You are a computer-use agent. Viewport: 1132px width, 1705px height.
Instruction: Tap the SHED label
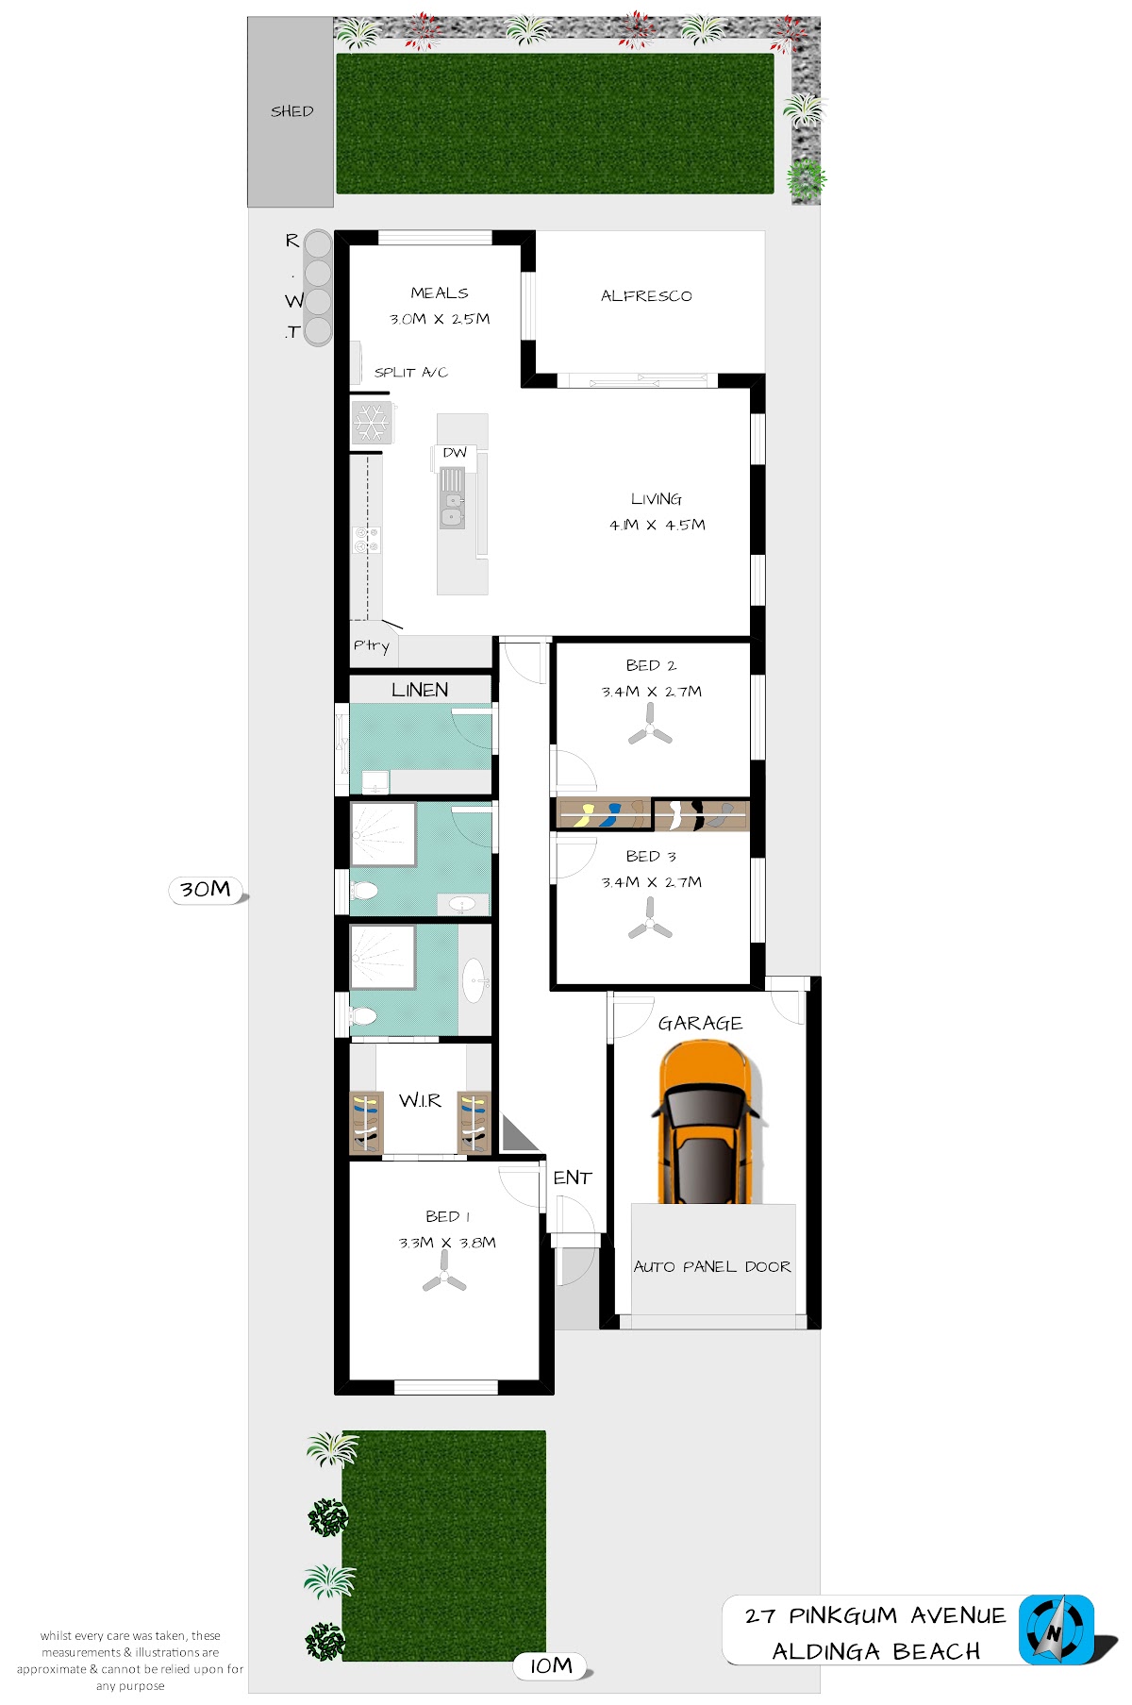[x=291, y=111]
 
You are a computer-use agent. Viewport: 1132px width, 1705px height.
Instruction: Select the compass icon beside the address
[x=1056, y=1630]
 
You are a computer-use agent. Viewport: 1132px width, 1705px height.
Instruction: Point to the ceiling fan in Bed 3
[x=650, y=919]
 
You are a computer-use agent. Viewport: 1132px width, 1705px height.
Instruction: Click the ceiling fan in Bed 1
[x=444, y=1273]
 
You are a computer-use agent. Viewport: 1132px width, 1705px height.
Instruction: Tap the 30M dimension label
[x=206, y=890]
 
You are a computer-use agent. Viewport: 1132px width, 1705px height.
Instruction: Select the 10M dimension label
[x=551, y=1666]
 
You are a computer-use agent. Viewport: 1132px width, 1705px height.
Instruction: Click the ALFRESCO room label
[x=646, y=296]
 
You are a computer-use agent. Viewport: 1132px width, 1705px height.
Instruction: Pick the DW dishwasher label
[x=455, y=453]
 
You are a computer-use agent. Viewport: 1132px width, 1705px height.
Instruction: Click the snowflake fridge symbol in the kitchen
[x=372, y=422]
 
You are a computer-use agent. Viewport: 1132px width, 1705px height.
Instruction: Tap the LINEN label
[x=420, y=690]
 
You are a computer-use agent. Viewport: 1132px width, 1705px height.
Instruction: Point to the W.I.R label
[x=420, y=1100]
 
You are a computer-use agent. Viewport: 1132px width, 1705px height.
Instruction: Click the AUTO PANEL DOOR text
[x=712, y=1266]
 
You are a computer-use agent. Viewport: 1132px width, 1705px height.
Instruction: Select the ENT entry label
[x=573, y=1178]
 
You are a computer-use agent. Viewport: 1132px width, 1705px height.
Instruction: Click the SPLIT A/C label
[x=410, y=373]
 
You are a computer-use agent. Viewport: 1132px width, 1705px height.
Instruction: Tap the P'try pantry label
[x=371, y=646]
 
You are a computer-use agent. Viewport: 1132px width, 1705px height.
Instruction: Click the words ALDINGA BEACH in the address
[x=876, y=1651]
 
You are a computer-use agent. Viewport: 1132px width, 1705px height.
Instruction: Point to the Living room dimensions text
[x=658, y=525]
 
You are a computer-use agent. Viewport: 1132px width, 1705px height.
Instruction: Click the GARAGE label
[x=700, y=1024]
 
